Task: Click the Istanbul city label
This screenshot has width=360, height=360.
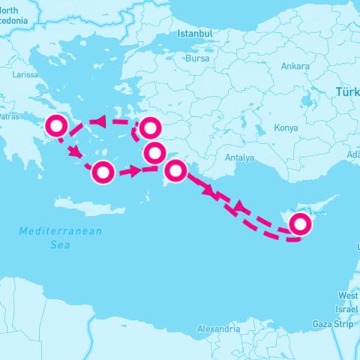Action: pyautogui.click(x=195, y=34)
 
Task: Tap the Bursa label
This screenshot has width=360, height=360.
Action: pyautogui.click(x=197, y=58)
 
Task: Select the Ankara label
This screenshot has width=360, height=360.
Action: pyautogui.click(x=295, y=66)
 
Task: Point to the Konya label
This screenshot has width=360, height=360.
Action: pyautogui.click(x=286, y=127)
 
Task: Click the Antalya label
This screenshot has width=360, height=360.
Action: pyautogui.click(x=239, y=157)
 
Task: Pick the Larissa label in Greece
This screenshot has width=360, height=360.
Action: pyautogui.click(x=26, y=75)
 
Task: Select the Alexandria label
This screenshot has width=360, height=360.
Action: pyautogui.click(x=219, y=328)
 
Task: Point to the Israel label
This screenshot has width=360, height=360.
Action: pyautogui.click(x=347, y=309)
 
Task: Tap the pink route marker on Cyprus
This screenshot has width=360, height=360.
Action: pyautogui.click(x=300, y=223)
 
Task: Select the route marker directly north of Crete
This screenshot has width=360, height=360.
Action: pyautogui.click(x=103, y=173)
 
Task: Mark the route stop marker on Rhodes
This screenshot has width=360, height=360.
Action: pyautogui.click(x=175, y=170)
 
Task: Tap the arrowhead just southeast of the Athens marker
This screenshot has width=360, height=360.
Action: pyautogui.click(x=76, y=152)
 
